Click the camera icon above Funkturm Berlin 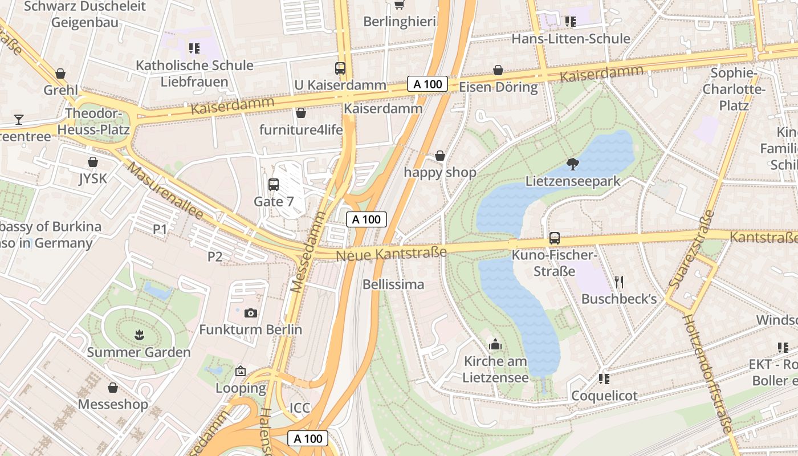point(250,313)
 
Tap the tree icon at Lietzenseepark point(572,165)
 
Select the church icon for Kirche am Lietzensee point(495,344)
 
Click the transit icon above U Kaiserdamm point(340,68)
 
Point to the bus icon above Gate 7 point(274,185)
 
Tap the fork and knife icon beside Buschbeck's point(620,282)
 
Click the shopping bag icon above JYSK point(93,162)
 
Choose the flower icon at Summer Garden point(139,335)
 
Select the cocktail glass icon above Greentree point(19,119)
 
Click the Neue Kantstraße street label point(391,253)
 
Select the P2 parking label point(215,256)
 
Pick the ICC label point(300,408)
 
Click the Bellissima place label point(393,284)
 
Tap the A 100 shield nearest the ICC point(308,438)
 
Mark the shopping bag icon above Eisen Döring point(498,70)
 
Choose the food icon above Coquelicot point(604,378)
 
